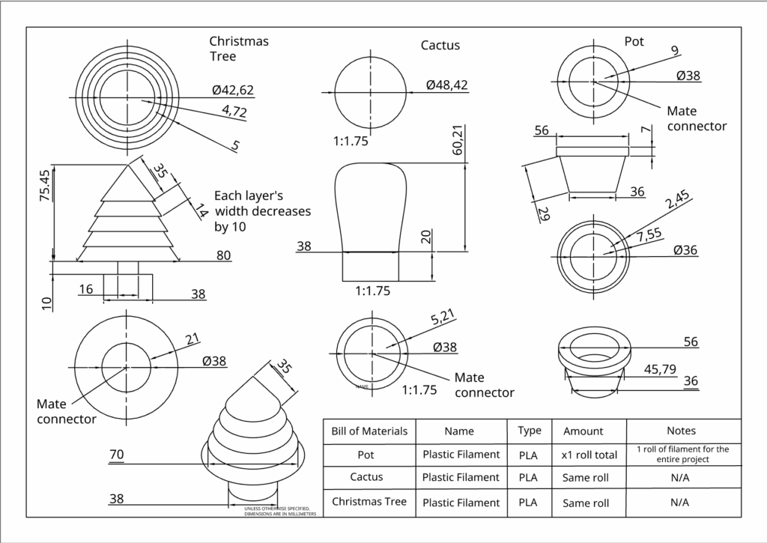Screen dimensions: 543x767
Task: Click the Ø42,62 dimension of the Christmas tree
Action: [233, 91]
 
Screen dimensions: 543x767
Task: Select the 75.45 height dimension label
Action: [44, 186]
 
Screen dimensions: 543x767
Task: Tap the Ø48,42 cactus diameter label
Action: [446, 85]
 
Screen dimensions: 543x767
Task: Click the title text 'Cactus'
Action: [440, 46]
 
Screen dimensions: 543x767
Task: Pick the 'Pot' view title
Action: [634, 42]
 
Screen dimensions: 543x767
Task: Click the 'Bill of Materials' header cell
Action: [369, 431]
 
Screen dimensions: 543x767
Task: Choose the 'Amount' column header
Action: [583, 431]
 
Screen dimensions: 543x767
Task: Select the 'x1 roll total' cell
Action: [589, 454]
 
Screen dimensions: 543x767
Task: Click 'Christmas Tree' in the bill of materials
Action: [369, 501]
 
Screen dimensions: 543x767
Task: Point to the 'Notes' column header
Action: [681, 431]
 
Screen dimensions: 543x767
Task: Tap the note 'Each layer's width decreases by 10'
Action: [262, 211]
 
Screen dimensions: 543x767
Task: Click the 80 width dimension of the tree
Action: [223, 255]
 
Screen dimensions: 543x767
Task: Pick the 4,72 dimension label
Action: [234, 112]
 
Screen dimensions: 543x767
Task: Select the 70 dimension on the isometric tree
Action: [117, 454]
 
